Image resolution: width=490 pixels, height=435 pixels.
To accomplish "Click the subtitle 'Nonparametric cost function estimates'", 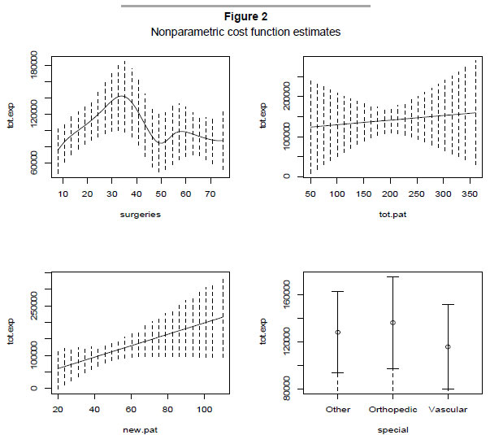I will [245, 33].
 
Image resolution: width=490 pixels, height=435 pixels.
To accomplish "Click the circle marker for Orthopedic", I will [392, 323].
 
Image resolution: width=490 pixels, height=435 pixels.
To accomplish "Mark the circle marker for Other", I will [337, 332].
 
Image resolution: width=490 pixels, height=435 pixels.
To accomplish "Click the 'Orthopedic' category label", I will [392, 409].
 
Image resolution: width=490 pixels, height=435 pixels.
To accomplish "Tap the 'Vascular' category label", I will [447, 409].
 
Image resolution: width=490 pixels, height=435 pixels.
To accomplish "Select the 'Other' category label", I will [337, 409].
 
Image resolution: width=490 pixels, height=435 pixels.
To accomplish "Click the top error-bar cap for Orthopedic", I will [392, 276].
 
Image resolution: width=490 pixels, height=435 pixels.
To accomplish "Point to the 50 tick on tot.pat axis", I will [310, 195].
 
